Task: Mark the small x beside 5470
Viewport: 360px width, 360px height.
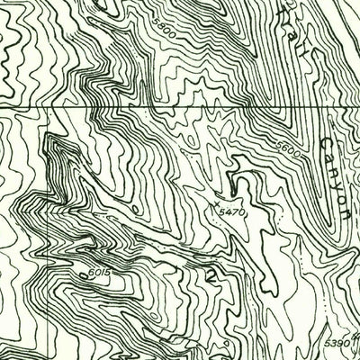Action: pos(236,199)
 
